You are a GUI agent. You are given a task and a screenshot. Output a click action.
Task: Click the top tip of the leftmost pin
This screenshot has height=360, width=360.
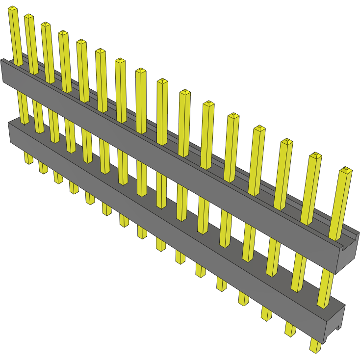tap(13, 9)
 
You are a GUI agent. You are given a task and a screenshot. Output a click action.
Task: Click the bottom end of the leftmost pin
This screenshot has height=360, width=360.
tap(28, 160)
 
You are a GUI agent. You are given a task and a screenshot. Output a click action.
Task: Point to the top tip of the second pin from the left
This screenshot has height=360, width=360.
tap(29, 17)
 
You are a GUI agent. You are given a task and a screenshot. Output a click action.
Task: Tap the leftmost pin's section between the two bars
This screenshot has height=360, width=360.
tap(23, 108)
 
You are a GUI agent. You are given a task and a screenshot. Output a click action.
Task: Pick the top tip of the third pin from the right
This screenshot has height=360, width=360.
tap(286, 142)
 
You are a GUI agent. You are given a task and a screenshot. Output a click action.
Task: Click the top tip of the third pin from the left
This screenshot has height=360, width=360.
tap(46, 25)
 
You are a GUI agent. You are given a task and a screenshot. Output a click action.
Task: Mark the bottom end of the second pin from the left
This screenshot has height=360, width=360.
tap(43, 169)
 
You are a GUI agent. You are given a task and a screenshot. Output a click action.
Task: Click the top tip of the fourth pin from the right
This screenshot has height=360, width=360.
tap(259, 129)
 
